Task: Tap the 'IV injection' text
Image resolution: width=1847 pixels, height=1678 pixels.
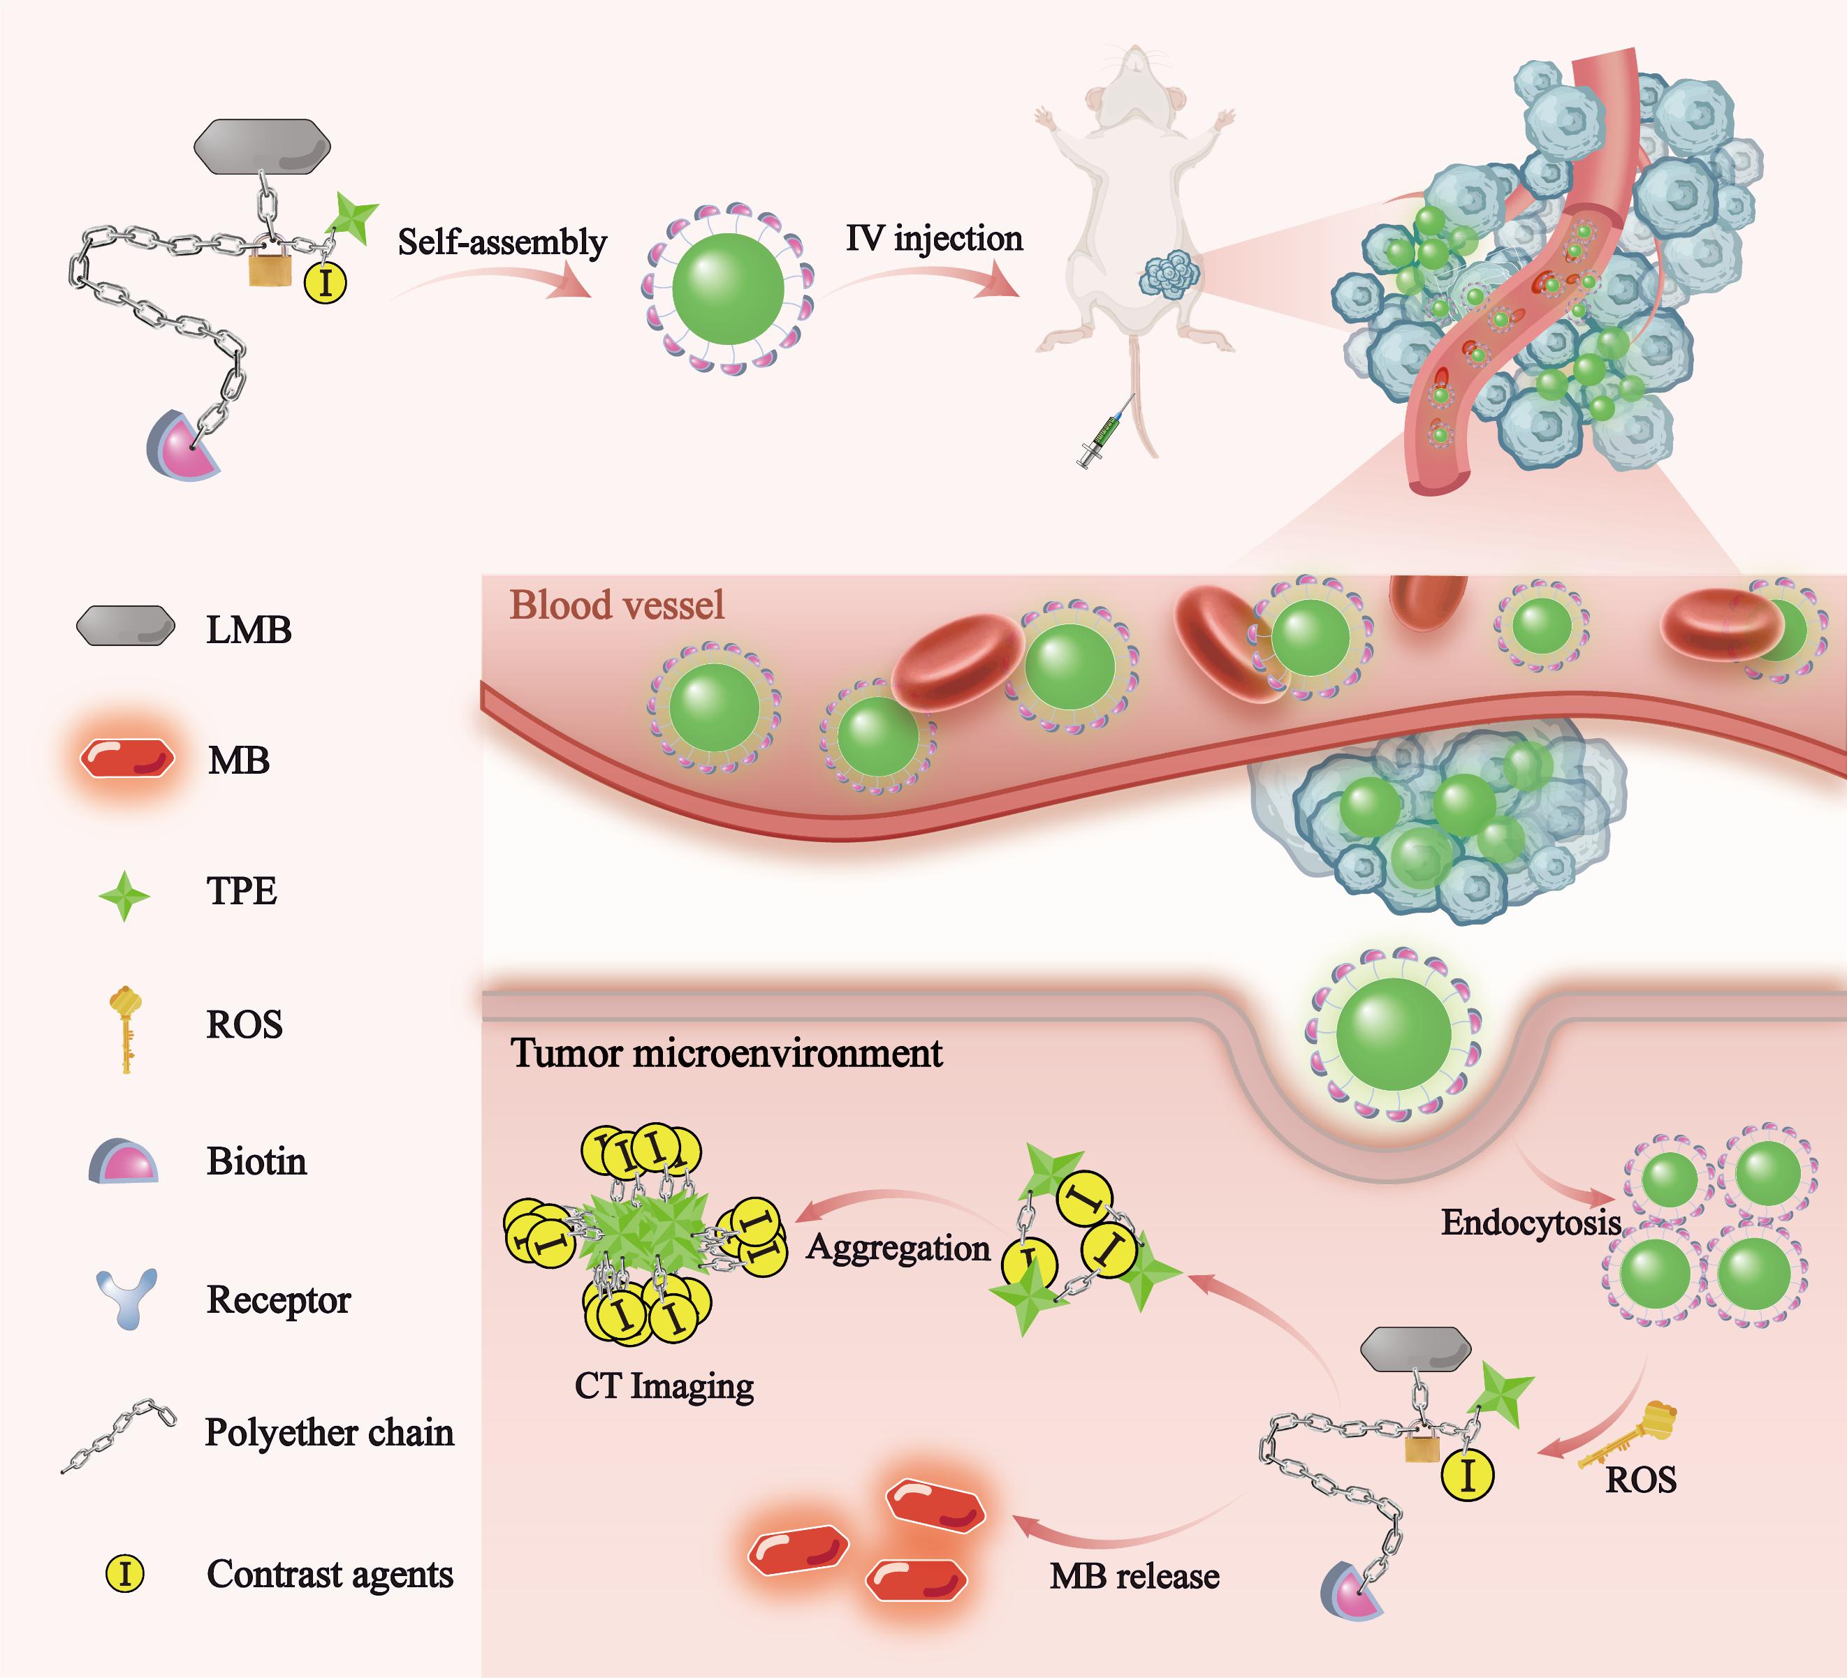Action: pyautogui.click(x=933, y=238)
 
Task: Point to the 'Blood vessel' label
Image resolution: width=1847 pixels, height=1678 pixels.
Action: pyautogui.click(x=617, y=605)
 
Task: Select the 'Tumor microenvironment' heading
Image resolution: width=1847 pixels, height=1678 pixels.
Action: pyautogui.click(x=726, y=1053)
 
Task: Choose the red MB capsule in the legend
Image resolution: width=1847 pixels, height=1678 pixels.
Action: pyautogui.click(x=126, y=758)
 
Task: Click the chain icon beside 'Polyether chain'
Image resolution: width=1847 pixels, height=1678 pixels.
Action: pyautogui.click(x=119, y=1434)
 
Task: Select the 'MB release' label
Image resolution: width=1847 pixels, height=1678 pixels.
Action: pyautogui.click(x=1134, y=1575)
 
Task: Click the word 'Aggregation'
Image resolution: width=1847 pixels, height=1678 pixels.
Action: pyautogui.click(x=898, y=1249)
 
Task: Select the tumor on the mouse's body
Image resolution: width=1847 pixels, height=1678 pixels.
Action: pyautogui.click(x=1169, y=274)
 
